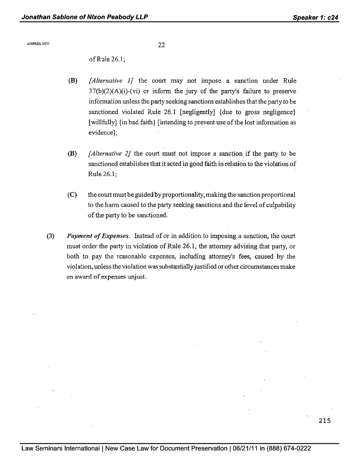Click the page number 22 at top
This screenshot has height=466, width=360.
click(161, 45)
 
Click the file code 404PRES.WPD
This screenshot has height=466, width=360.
click(36, 44)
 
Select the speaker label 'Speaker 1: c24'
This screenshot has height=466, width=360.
click(315, 17)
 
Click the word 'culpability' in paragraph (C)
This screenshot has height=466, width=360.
click(278, 205)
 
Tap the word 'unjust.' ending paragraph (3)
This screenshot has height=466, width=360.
click(135, 276)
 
